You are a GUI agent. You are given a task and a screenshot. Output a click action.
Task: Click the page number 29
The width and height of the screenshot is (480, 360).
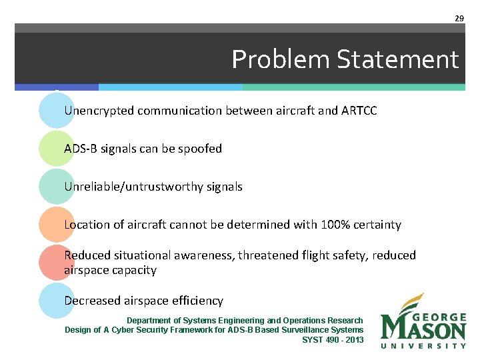click(459, 19)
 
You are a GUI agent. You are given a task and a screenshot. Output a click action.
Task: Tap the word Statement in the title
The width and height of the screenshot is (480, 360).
click(398, 60)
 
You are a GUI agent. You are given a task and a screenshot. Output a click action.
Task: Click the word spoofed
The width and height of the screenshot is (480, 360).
click(201, 149)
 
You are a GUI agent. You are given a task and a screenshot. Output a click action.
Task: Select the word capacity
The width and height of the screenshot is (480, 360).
click(134, 270)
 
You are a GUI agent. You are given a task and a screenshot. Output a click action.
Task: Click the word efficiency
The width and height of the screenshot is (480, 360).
click(198, 301)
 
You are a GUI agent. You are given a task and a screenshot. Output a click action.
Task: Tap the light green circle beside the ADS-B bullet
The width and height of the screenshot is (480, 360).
click(56, 149)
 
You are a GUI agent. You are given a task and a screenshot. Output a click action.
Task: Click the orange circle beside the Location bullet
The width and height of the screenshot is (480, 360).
click(56, 225)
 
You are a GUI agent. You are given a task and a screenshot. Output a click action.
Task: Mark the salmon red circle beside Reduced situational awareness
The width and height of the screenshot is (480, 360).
click(56, 262)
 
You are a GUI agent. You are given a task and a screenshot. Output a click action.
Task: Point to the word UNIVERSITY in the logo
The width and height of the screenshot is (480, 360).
click(423, 345)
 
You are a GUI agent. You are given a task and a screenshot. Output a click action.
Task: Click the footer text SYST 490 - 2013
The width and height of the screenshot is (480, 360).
click(333, 339)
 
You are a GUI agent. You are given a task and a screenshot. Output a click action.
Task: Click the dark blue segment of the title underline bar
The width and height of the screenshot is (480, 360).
click(57, 87)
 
